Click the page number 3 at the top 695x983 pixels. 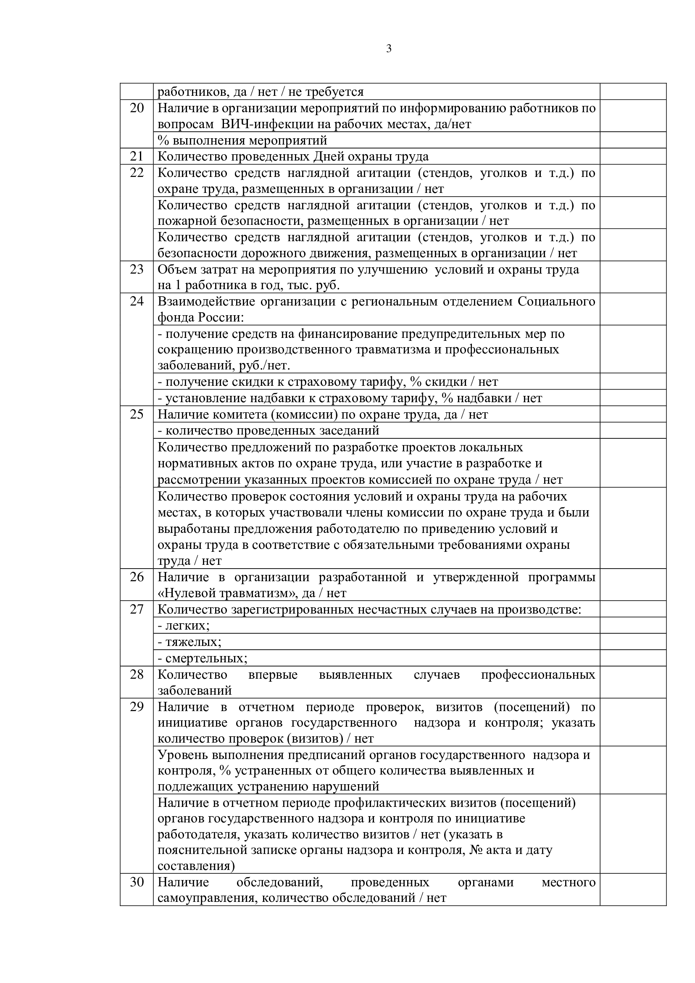389,49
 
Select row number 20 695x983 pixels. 137,108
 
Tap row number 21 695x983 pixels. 137,157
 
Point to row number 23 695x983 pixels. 137,269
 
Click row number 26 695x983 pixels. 137,577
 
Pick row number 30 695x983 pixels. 137,882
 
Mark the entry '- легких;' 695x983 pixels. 184,625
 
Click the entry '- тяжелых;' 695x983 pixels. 189,642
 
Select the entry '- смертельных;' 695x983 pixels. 203,658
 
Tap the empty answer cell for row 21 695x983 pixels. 632,157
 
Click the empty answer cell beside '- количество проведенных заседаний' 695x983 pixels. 632,430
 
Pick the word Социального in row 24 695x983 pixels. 556,301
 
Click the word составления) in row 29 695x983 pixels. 196,866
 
